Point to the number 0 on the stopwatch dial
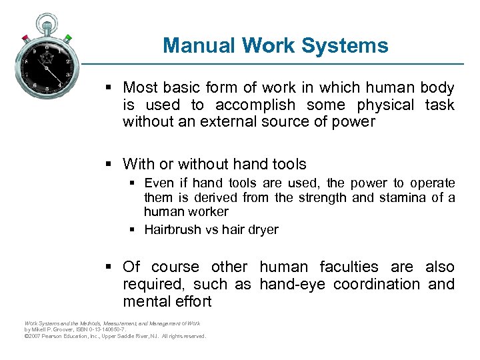pos(47,48)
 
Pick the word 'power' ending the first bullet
pos(357,122)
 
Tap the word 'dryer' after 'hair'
pos(263,229)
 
